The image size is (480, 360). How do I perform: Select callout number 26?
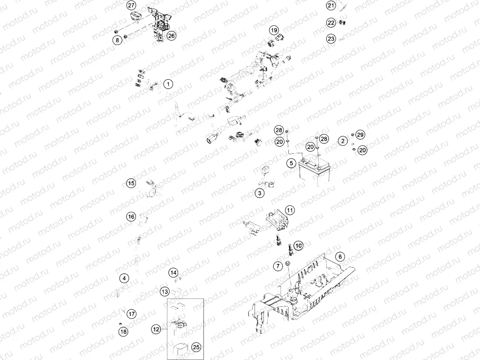(172, 36)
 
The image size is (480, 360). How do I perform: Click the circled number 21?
(331, 6)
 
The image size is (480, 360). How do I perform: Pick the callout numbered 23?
(331, 39)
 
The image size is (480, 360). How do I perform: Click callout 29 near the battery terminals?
(360, 135)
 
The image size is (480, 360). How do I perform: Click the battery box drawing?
(313, 173)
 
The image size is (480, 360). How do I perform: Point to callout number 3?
(259, 193)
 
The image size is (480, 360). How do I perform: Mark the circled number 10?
(299, 245)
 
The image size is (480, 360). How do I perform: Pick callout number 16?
(131, 216)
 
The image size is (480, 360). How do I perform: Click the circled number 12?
(156, 330)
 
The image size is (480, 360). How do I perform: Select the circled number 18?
(123, 332)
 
